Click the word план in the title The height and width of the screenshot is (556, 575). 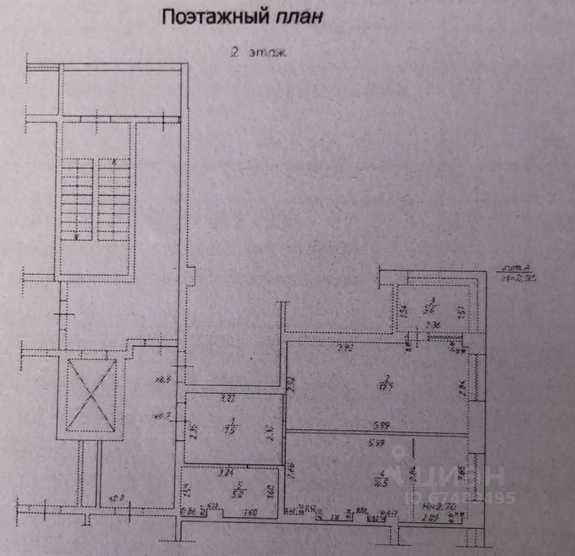(x=300, y=16)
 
